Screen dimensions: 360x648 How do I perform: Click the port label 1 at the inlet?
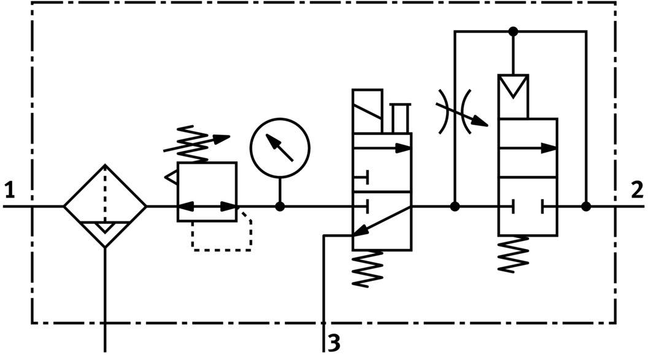pyautogui.click(x=9, y=191)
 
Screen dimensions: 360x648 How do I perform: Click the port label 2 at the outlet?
pyautogui.click(x=637, y=191)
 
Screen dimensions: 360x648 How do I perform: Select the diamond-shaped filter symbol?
pyautogui.click(x=105, y=206)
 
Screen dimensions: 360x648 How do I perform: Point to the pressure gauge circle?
pyautogui.click(x=280, y=147)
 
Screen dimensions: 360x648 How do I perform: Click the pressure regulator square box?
pyautogui.click(x=207, y=191)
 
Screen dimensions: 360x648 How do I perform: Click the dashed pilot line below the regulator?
pyautogui.click(x=222, y=242)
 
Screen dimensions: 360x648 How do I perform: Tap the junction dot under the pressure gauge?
pyautogui.click(x=280, y=207)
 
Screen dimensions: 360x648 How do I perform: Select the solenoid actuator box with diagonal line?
pyautogui.click(x=367, y=111)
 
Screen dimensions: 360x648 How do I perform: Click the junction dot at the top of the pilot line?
pyautogui.click(x=514, y=31)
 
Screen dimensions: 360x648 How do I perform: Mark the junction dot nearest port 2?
pyautogui.click(x=586, y=207)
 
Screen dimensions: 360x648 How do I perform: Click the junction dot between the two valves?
pyautogui.click(x=455, y=207)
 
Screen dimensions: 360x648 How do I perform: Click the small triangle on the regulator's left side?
pyautogui.click(x=171, y=177)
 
